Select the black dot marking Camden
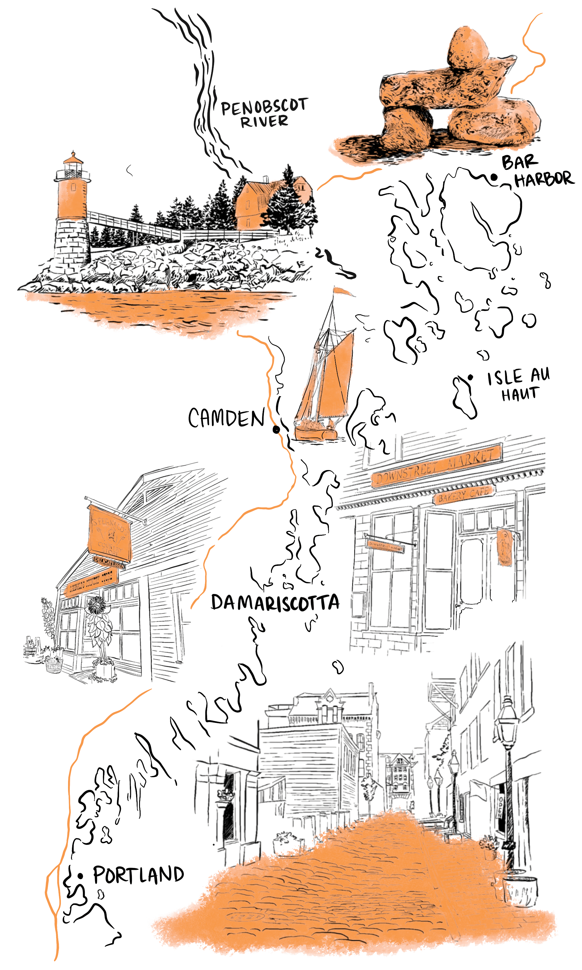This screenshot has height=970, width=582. [276, 429]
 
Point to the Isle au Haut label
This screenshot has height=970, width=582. [518, 385]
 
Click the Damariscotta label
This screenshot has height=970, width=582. [275, 603]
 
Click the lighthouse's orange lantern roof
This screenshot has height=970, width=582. [73, 159]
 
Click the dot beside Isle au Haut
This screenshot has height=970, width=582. [470, 378]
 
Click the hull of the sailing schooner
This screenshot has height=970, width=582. [316, 434]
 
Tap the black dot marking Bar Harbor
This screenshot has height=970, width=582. [494, 178]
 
